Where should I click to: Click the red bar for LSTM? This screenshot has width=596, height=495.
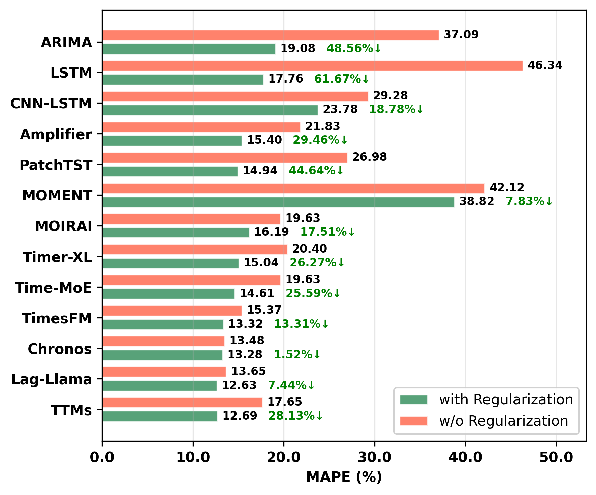[x=312, y=66]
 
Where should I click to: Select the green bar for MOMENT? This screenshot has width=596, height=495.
[x=278, y=202]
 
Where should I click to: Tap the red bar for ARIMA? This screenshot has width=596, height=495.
[x=270, y=35]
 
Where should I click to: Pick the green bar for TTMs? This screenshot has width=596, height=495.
[x=159, y=416]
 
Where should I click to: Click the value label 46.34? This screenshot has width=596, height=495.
[x=545, y=65]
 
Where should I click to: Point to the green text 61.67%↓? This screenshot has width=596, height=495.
[x=342, y=79]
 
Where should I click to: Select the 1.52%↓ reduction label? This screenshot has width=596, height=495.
[x=297, y=355]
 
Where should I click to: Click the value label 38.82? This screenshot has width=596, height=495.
[x=476, y=202]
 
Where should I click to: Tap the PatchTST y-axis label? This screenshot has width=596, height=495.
[x=56, y=165]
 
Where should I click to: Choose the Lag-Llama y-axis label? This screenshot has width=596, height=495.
[x=52, y=379]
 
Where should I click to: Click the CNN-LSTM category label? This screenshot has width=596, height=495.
[x=51, y=104]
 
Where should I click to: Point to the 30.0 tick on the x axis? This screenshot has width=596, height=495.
[x=374, y=457]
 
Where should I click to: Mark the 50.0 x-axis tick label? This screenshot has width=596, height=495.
[x=556, y=457]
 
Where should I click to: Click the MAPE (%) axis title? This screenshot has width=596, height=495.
[x=344, y=477]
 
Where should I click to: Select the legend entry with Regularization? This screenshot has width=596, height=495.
[x=506, y=400]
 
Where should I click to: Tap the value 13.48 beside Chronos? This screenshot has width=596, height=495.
[x=247, y=341]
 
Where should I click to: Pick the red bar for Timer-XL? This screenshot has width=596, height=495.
[x=194, y=250]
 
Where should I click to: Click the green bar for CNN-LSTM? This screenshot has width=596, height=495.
[x=210, y=110]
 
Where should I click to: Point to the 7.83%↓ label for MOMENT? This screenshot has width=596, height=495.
[x=529, y=202]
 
